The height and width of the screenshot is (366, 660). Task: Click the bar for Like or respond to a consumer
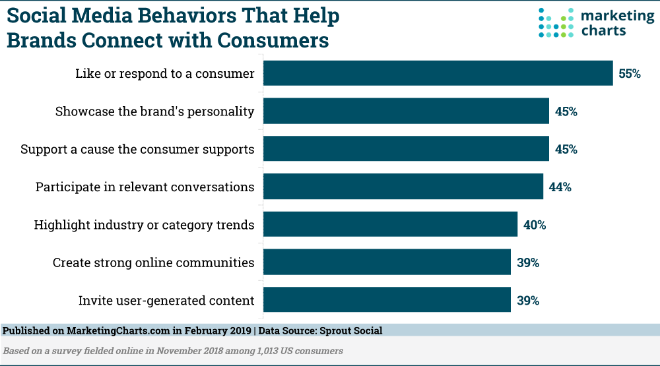438,73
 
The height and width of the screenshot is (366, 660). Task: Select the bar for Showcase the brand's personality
407,111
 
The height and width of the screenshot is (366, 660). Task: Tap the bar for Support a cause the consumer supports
407,149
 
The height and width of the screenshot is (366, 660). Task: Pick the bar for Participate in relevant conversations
403,187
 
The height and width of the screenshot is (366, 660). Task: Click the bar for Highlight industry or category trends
391,225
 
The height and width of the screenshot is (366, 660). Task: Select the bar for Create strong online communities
387,262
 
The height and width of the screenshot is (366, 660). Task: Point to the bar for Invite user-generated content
387,300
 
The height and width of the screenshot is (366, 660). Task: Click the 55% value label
630,74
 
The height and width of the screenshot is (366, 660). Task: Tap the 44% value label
560,187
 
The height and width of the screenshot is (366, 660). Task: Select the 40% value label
535,225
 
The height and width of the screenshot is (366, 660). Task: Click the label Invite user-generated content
166,301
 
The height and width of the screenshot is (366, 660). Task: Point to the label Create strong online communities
153,262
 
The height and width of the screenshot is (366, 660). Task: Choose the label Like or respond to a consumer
164,74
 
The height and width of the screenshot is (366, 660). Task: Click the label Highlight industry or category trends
144,225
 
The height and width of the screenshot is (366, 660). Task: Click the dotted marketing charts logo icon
556,22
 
